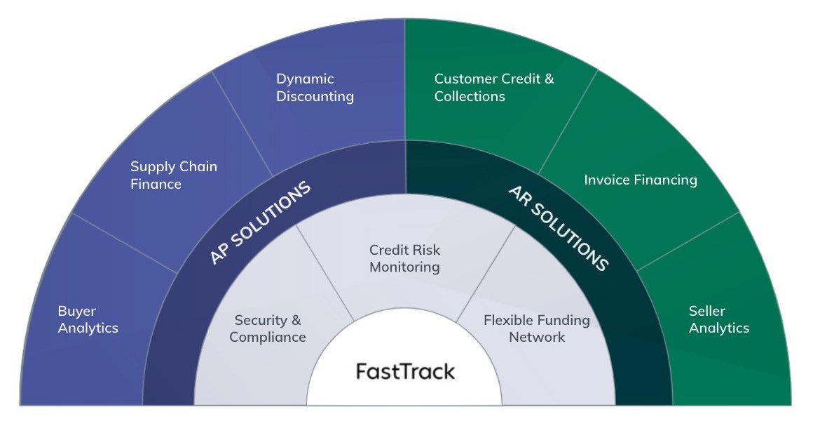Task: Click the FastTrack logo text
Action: tap(405, 371)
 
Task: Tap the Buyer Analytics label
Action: tap(88, 319)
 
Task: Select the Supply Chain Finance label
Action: tap(174, 175)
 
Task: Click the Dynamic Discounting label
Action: tap(315, 88)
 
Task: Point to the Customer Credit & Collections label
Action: tap(493, 88)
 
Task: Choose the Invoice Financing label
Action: tap(640, 180)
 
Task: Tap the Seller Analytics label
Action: tap(718, 319)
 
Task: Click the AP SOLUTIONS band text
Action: tap(259, 223)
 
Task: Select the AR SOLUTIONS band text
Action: tap(558, 227)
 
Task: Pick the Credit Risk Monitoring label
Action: tap(404, 258)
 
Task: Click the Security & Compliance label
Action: tap(268, 328)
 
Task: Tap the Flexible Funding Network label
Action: tap(536, 328)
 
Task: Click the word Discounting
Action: tap(315, 97)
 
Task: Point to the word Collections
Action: tap(470, 97)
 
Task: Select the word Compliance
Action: tap(268, 338)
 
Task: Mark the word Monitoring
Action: tap(404, 267)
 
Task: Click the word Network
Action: tap(536, 338)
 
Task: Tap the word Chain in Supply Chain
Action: tap(198, 167)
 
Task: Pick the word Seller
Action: tap(706, 311)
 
